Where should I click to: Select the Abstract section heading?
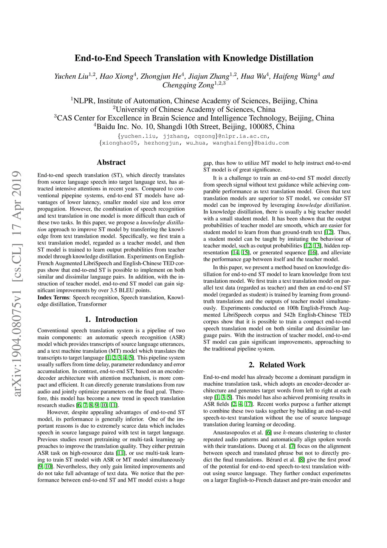point(111,162)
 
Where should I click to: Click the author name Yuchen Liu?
point(71,76)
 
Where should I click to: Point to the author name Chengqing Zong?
point(188,85)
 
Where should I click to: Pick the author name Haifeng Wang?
point(295,76)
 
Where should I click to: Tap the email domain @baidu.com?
point(271,143)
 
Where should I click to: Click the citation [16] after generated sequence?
point(313,252)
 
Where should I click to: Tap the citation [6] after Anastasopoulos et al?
point(268,433)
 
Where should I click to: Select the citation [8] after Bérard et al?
point(301,460)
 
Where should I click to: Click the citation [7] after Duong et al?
point(292,446)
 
